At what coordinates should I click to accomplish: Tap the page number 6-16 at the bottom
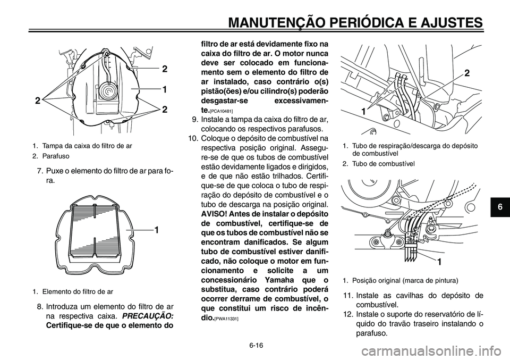[x=255, y=345]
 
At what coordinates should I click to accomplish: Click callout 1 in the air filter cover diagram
[x=165, y=89]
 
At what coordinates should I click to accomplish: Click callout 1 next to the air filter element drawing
[x=157, y=229]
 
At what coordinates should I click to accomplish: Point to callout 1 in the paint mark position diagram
[x=440, y=262]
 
